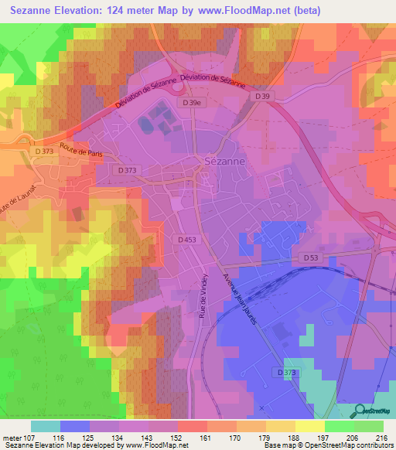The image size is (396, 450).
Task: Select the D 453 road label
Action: (x=186, y=240)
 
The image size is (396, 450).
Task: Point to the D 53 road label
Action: (x=310, y=257)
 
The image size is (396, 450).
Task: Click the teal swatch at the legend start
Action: (x=46, y=425)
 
